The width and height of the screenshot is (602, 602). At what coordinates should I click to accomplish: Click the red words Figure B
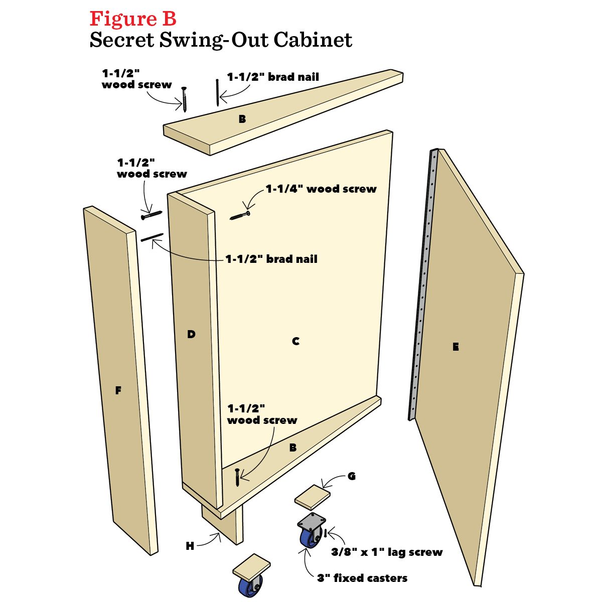[x=133, y=19]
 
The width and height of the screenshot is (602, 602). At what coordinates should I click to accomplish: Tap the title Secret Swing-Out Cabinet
[x=221, y=40]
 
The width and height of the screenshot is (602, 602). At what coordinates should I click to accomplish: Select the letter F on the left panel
[x=118, y=390]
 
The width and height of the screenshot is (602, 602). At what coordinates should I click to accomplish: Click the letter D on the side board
[x=191, y=334]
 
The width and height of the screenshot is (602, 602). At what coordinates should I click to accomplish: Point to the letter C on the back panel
[x=295, y=341]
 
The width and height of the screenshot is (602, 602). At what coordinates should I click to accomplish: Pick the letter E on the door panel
[x=456, y=347]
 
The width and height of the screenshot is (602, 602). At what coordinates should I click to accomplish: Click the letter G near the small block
[x=351, y=476]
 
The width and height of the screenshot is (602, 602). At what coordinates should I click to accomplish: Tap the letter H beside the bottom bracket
[x=190, y=546]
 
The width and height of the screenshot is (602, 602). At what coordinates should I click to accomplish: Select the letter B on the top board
[x=242, y=119]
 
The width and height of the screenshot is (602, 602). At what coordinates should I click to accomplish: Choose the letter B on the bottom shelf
[x=293, y=447]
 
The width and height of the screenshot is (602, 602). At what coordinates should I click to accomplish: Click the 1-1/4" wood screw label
[x=321, y=189]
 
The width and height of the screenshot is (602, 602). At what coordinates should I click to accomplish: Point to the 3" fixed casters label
[x=362, y=578]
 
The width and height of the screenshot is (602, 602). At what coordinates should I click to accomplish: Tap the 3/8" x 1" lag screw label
[x=387, y=552]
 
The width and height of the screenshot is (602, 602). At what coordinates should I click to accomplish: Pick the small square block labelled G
[x=313, y=497]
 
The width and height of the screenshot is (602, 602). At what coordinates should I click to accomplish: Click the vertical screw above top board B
[x=185, y=99]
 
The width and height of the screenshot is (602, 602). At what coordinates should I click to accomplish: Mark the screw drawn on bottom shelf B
[x=237, y=477]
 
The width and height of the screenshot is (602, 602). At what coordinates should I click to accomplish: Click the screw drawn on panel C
[x=240, y=216]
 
